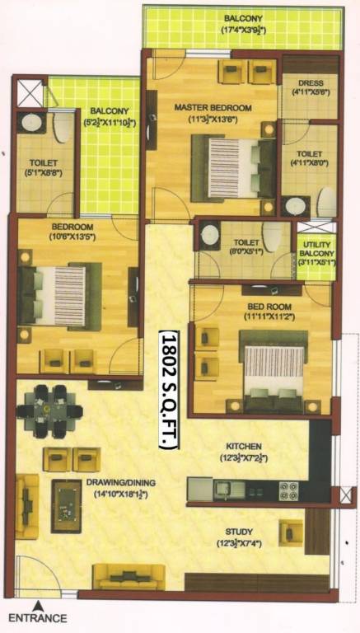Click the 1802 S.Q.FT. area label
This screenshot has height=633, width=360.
click(168, 388)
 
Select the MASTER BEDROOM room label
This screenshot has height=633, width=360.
click(212, 108)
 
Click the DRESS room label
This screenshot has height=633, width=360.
click(310, 83)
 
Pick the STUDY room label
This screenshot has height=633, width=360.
click(239, 532)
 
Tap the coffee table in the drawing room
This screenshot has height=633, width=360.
click(67, 495)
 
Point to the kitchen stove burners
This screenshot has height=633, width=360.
click(288, 490)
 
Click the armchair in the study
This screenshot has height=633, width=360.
click(291, 532)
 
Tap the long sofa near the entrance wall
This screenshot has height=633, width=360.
click(129, 576)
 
